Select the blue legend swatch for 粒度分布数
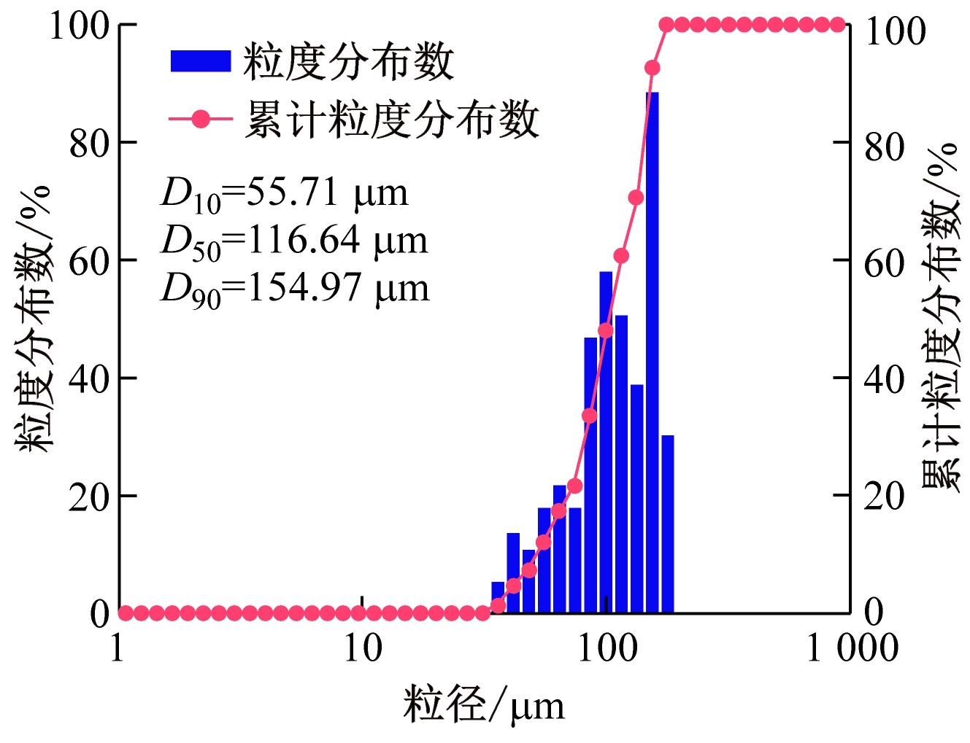[x=200, y=61]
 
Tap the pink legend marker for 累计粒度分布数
[x=200, y=119]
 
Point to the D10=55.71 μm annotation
[x=284, y=194]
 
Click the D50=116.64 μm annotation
[x=293, y=241]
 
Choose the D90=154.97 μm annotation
[x=294, y=289]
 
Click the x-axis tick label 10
[x=363, y=647]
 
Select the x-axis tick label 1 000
[x=851, y=647]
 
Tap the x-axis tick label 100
[x=607, y=647]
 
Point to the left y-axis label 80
[x=89, y=144]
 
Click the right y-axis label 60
[x=884, y=263]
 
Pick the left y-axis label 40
[x=89, y=379]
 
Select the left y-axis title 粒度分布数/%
[x=34, y=319]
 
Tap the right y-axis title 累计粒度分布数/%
[x=941, y=319]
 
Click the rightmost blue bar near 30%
[x=667, y=524]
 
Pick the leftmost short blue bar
[x=499, y=598]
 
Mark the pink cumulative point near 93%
[x=653, y=68]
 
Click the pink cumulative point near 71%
[x=636, y=198]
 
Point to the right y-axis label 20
[x=884, y=497]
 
